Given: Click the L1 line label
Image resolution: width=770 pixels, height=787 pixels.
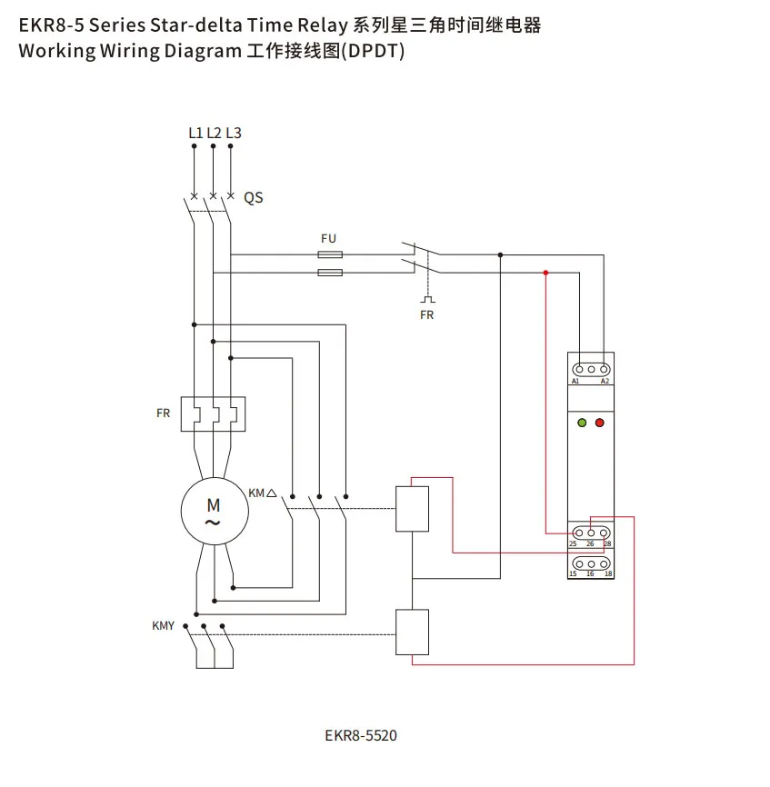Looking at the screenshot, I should [195, 133].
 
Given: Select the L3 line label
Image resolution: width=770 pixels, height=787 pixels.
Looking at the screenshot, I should [234, 133].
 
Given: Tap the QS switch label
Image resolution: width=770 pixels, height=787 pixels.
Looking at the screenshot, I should [254, 197].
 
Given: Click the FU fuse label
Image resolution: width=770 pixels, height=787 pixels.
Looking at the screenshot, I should [328, 238].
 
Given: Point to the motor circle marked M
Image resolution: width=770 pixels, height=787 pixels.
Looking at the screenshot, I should [213, 511].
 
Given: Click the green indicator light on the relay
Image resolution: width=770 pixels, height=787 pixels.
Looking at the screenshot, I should [582, 423].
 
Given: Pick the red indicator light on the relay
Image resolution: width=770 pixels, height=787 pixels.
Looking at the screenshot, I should [600, 423].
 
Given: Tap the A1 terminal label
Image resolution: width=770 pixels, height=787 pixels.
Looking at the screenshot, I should [575, 382].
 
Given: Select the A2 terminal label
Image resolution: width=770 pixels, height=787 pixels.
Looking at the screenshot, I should [605, 382].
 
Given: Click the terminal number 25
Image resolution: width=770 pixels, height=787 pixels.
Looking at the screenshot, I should [573, 544].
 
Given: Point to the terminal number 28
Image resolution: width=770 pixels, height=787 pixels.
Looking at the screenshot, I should [607, 544].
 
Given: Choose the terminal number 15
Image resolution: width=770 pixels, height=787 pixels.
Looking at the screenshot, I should [573, 574].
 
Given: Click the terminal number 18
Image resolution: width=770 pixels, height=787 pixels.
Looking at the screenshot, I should [607, 574].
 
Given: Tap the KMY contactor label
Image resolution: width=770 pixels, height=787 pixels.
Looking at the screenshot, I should [163, 626].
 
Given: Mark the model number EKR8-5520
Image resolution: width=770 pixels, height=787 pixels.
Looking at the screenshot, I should [360, 735].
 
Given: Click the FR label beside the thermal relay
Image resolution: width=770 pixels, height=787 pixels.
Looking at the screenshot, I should [163, 413].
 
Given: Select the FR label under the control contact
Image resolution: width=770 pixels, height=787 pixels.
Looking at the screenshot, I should [426, 315].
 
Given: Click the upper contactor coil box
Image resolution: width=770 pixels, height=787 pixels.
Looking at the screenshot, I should [412, 509].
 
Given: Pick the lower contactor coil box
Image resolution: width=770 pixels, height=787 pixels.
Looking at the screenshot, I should [412, 633].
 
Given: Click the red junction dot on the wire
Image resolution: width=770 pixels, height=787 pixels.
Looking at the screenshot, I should [545, 273].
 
